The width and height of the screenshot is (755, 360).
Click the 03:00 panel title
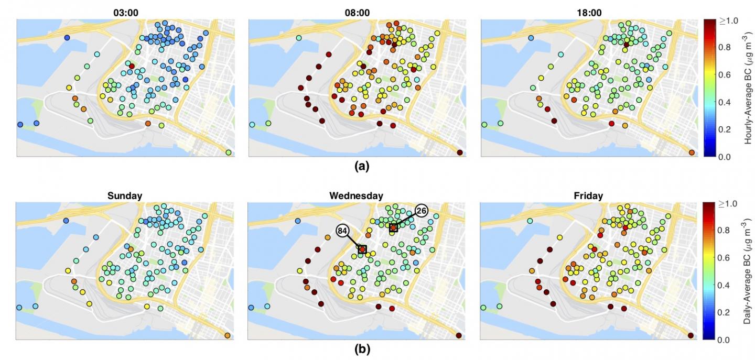click(125, 13)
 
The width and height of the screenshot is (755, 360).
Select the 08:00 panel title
click(357, 13)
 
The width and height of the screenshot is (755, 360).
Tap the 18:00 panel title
click(589, 13)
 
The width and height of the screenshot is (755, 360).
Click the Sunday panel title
click(125, 196)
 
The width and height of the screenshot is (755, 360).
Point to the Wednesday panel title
click(357, 196)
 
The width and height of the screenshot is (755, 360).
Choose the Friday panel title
click(588, 196)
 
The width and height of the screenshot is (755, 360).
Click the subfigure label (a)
click(362, 166)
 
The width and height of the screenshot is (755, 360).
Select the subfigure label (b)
click(362, 350)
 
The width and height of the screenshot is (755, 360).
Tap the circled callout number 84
click(342, 231)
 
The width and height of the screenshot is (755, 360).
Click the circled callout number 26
click(421, 211)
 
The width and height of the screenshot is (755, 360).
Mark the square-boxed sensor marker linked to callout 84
click(362, 249)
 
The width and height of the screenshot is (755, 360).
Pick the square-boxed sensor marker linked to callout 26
click(393, 228)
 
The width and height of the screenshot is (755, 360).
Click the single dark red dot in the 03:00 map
click(132, 67)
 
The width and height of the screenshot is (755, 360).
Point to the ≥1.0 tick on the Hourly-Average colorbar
click(729, 21)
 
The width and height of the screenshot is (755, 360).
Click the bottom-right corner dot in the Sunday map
click(228, 335)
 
